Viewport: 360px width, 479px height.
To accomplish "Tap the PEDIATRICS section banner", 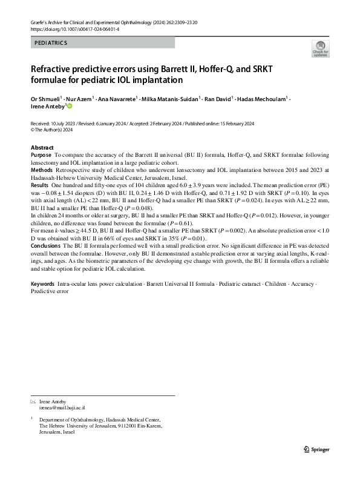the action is pos(102,43).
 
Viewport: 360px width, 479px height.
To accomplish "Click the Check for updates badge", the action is pos(319,49).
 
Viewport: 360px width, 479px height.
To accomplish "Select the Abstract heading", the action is pos(42,148).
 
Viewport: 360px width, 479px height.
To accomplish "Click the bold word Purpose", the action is pos(41,156).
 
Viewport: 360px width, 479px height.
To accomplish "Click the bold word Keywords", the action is pos(42,284).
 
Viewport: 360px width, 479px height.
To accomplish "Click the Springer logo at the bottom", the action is pos(315,449).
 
